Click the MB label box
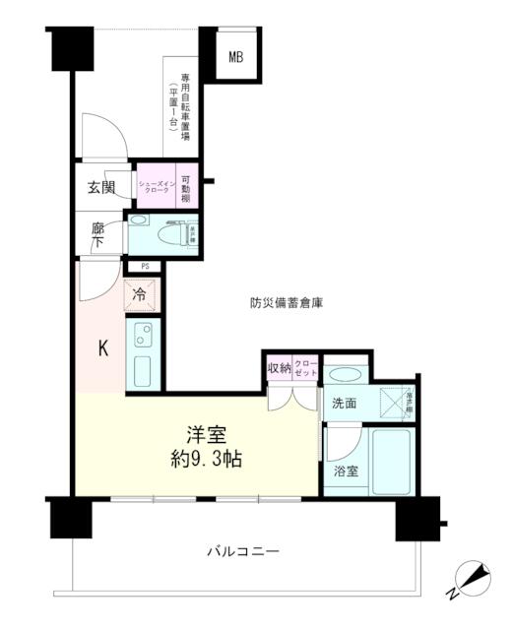(236, 57)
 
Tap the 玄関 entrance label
(100, 187)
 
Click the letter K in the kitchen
(101, 349)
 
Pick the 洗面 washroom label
(344, 403)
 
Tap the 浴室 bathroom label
(345, 472)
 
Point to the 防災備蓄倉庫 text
(287, 302)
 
